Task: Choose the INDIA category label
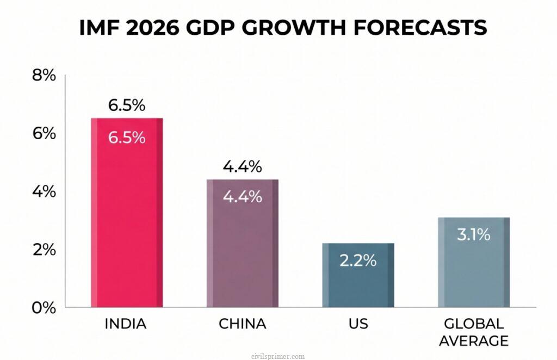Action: pyautogui.click(x=126, y=325)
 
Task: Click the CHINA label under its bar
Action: pyautogui.click(x=242, y=325)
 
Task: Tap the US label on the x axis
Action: pyautogui.click(x=358, y=325)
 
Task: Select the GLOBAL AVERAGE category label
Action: pyautogui.click(x=474, y=332)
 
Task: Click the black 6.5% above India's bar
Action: pyautogui.click(x=126, y=105)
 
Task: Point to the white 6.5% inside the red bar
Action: pyautogui.click(x=126, y=138)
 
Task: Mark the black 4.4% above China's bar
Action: pyautogui.click(x=242, y=167)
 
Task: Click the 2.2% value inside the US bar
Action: pyautogui.click(x=358, y=260)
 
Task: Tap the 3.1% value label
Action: pyautogui.click(x=474, y=235)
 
